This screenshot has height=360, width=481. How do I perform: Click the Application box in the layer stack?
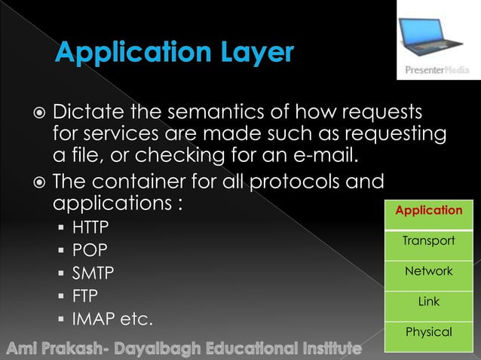tap(428, 210)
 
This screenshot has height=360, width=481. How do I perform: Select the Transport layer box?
tap(428, 241)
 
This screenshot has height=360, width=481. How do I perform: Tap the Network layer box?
tap(428, 271)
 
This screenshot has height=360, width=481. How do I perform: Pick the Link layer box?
tap(428, 301)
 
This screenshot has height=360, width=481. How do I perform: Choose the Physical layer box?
tap(428, 332)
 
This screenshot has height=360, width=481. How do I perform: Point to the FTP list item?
tap(85, 296)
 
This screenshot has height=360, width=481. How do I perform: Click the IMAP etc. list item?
tap(112, 319)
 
